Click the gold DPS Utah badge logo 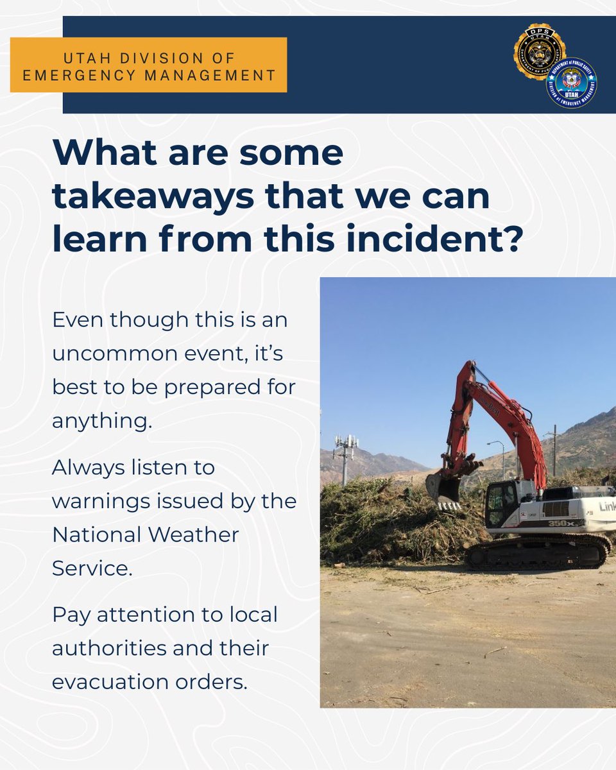pyautogui.click(x=539, y=52)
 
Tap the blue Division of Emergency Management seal pyautogui.click(x=571, y=83)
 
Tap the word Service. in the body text pyautogui.click(x=92, y=568)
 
